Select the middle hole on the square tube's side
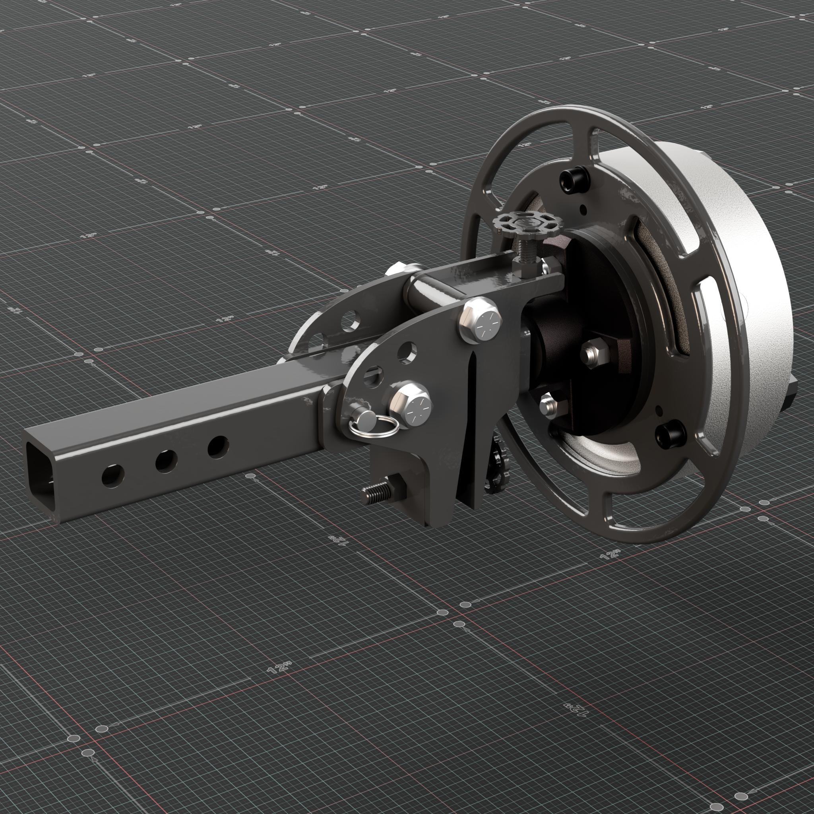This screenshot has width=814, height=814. [166, 461]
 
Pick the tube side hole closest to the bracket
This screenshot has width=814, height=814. [218, 446]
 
